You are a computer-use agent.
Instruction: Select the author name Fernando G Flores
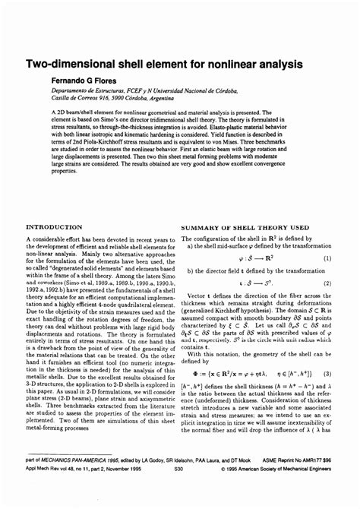85,80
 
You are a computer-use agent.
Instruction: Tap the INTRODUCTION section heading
55,227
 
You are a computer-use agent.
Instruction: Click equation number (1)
327,258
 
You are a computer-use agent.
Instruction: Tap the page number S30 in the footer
178,491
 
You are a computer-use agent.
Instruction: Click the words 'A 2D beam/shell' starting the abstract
74,111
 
